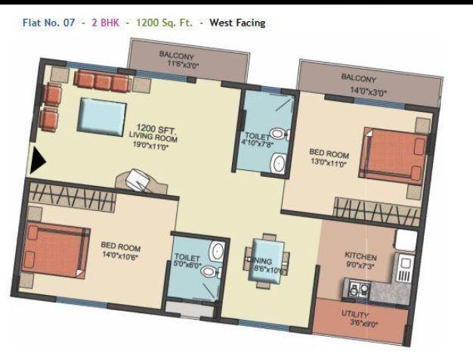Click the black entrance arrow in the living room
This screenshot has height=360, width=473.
pyautogui.click(x=38, y=159)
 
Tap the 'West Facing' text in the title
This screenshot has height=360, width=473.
pyautogui.click(x=237, y=23)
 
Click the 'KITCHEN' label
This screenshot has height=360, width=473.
pyautogui.click(x=360, y=256)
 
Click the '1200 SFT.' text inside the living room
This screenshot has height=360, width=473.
pyautogui.click(x=155, y=128)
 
